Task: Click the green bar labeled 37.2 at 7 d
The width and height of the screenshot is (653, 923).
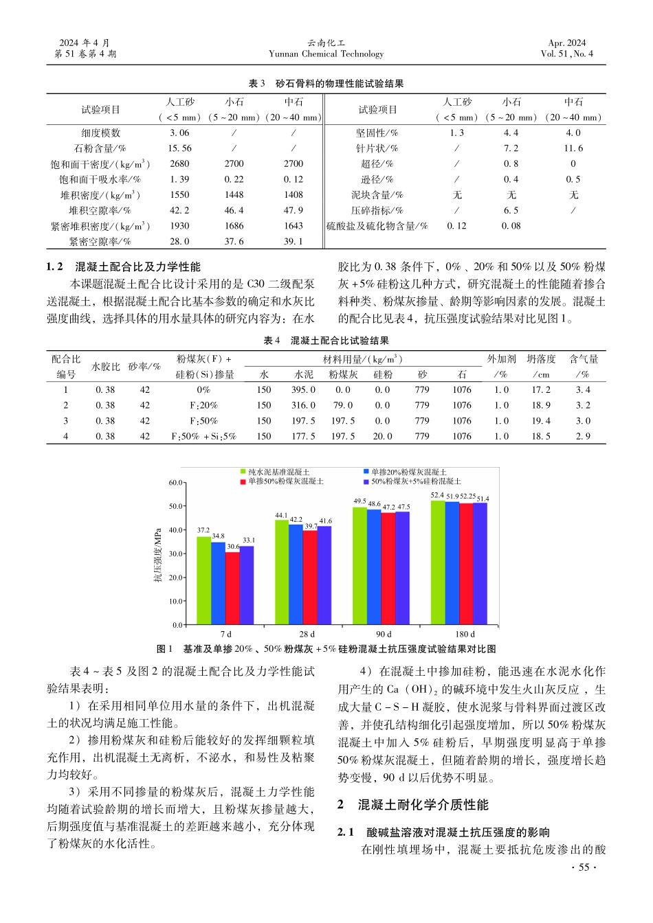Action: click(203, 580)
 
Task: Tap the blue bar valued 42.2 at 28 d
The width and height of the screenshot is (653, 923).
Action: click(296, 574)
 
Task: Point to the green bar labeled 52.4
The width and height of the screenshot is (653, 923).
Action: click(437, 562)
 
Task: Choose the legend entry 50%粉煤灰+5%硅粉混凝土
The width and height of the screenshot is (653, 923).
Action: click(416, 481)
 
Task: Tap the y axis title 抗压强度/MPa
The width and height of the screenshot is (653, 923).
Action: click(157, 555)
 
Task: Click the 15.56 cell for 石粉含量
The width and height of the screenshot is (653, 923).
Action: click(179, 148)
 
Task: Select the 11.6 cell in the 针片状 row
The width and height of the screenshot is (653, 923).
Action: click(573, 148)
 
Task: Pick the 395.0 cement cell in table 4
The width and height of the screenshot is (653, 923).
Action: click(303, 389)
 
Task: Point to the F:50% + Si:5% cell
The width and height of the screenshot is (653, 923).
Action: click(203, 436)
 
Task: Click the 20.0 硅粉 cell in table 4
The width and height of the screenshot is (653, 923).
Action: click(382, 436)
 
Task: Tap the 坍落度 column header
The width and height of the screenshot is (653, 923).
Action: click(541, 359)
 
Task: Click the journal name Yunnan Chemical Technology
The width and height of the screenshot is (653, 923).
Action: click(326, 54)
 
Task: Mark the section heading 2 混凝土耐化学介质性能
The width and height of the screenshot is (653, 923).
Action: click(412, 805)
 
